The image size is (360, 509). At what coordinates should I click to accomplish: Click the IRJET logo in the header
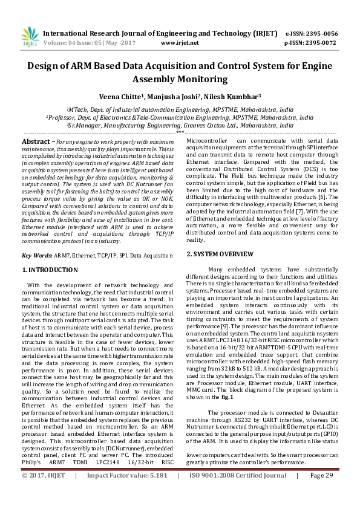28,37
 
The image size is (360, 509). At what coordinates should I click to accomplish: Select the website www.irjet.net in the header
180,43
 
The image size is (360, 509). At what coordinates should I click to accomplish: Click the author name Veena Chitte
120,96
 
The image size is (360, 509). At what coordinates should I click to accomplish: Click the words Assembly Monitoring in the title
180,79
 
